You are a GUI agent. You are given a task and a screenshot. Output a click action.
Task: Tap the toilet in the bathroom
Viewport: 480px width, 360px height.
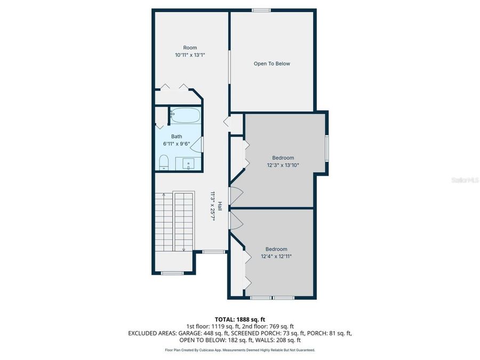tap(164, 162)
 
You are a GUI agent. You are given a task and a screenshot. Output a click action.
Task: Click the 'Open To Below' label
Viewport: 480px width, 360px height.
tap(271, 63)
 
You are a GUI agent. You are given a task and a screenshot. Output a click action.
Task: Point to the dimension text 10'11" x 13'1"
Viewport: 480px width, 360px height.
tap(190, 55)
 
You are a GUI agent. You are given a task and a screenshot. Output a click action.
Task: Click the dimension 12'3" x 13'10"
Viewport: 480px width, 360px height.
tap(283, 165)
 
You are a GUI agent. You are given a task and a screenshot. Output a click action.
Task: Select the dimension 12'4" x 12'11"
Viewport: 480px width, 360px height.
tap(276, 257)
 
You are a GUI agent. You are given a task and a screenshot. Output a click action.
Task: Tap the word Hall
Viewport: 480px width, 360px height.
tap(219, 205)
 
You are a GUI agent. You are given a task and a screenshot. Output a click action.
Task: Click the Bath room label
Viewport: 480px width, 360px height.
tap(177, 137)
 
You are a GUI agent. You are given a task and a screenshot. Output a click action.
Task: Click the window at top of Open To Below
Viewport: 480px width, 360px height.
tap(261, 10)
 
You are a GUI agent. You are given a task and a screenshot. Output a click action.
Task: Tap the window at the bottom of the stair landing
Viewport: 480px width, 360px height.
tap(172, 273)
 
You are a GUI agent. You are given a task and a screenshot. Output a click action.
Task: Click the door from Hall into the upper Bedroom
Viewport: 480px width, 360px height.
tap(235, 196)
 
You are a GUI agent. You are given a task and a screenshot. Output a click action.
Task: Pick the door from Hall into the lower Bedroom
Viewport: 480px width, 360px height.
tap(235, 221)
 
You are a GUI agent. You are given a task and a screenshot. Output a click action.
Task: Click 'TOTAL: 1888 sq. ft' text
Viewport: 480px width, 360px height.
tap(239, 319)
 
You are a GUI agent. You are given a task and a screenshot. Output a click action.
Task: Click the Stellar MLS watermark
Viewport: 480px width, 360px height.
tap(465, 180)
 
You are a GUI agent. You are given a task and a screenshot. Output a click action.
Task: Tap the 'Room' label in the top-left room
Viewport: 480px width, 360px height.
tap(190, 47)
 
